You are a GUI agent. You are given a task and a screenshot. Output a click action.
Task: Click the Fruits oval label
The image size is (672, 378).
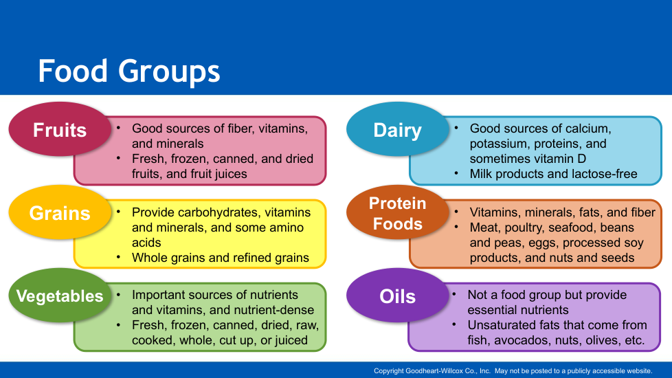tap(60, 129)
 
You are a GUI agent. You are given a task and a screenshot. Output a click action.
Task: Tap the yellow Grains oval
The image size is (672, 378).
tap(60, 212)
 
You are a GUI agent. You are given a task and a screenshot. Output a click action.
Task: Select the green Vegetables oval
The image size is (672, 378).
tap(60, 296)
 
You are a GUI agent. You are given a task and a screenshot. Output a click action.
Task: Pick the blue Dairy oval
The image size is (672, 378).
tap(397, 129)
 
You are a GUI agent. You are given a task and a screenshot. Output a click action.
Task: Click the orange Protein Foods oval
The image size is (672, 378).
tap(397, 212)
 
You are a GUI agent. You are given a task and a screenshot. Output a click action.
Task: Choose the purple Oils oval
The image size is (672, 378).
tap(397, 296)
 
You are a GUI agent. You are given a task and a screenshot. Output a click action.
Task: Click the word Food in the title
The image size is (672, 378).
tap(73, 71)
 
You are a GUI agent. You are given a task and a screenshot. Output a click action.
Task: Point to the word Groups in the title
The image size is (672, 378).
tap(169, 72)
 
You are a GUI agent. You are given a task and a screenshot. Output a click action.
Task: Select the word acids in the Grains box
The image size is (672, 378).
tap(146, 243)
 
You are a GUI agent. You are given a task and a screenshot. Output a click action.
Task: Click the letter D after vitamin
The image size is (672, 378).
tap(581, 159)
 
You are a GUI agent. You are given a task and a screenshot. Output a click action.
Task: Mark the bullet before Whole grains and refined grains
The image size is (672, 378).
tap(118, 257)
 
